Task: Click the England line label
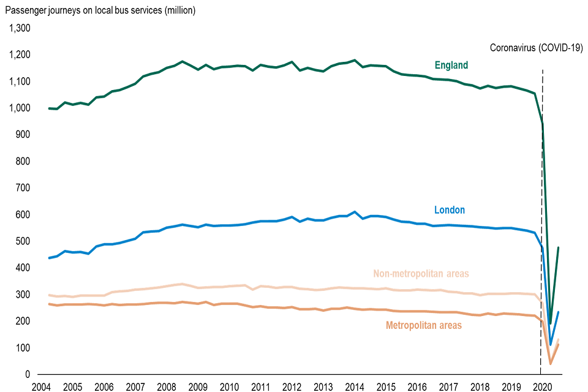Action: click(451, 65)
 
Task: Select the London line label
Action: click(450, 210)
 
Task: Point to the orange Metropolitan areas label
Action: click(423, 325)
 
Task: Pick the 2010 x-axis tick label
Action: click(229, 386)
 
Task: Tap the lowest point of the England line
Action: click(550, 323)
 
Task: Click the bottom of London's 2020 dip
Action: click(550, 345)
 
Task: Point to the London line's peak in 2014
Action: click(355, 212)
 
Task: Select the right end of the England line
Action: click(559, 247)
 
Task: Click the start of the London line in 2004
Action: click(49, 258)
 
